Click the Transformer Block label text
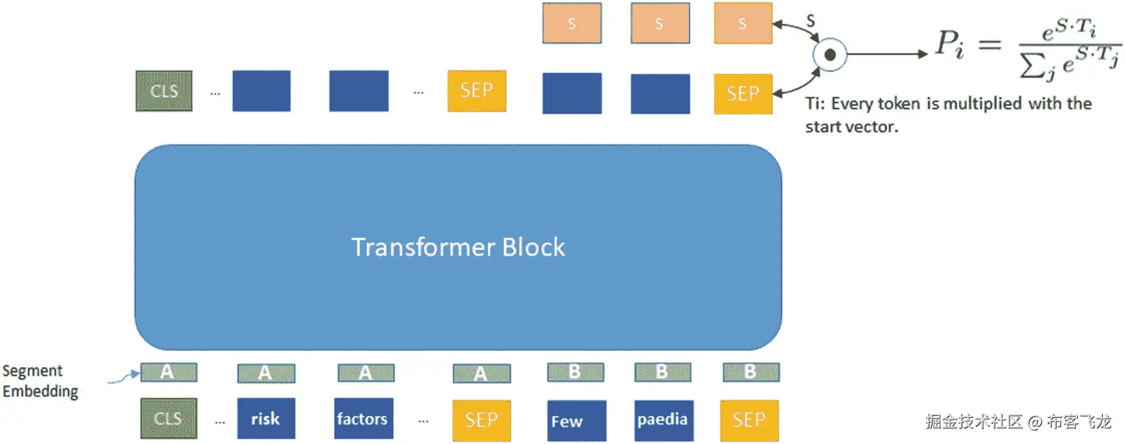[x=458, y=247]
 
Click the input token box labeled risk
[x=266, y=419]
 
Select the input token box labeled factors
[x=363, y=419]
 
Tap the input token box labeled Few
[x=576, y=421]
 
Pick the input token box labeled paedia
[x=663, y=420]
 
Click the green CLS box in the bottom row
[x=168, y=419]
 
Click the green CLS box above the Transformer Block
[x=164, y=91]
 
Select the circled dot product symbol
[x=830, y=55]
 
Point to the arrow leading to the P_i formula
[x=887, y=54]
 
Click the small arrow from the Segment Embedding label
[x=123, y=377]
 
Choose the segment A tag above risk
[x=265, y=373]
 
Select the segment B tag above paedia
[x=663, y=372]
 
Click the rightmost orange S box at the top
[x=743, y=24]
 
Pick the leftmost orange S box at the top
[x=572, y=24]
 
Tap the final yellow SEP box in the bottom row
[x=749, y=420]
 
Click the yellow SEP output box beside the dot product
[x=743, y=94]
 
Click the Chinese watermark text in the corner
[x=1017, y=422]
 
